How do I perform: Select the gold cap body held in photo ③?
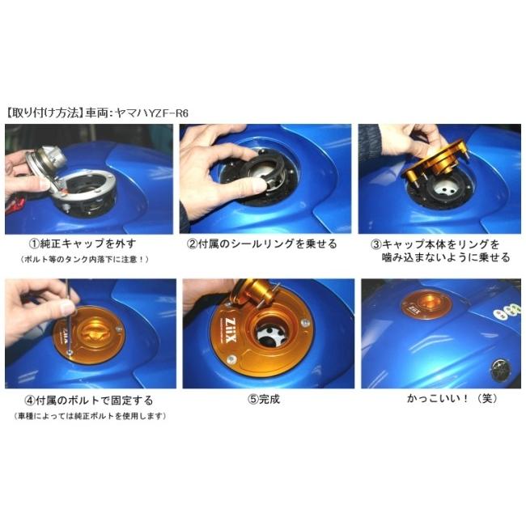click(x=441, y=162)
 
